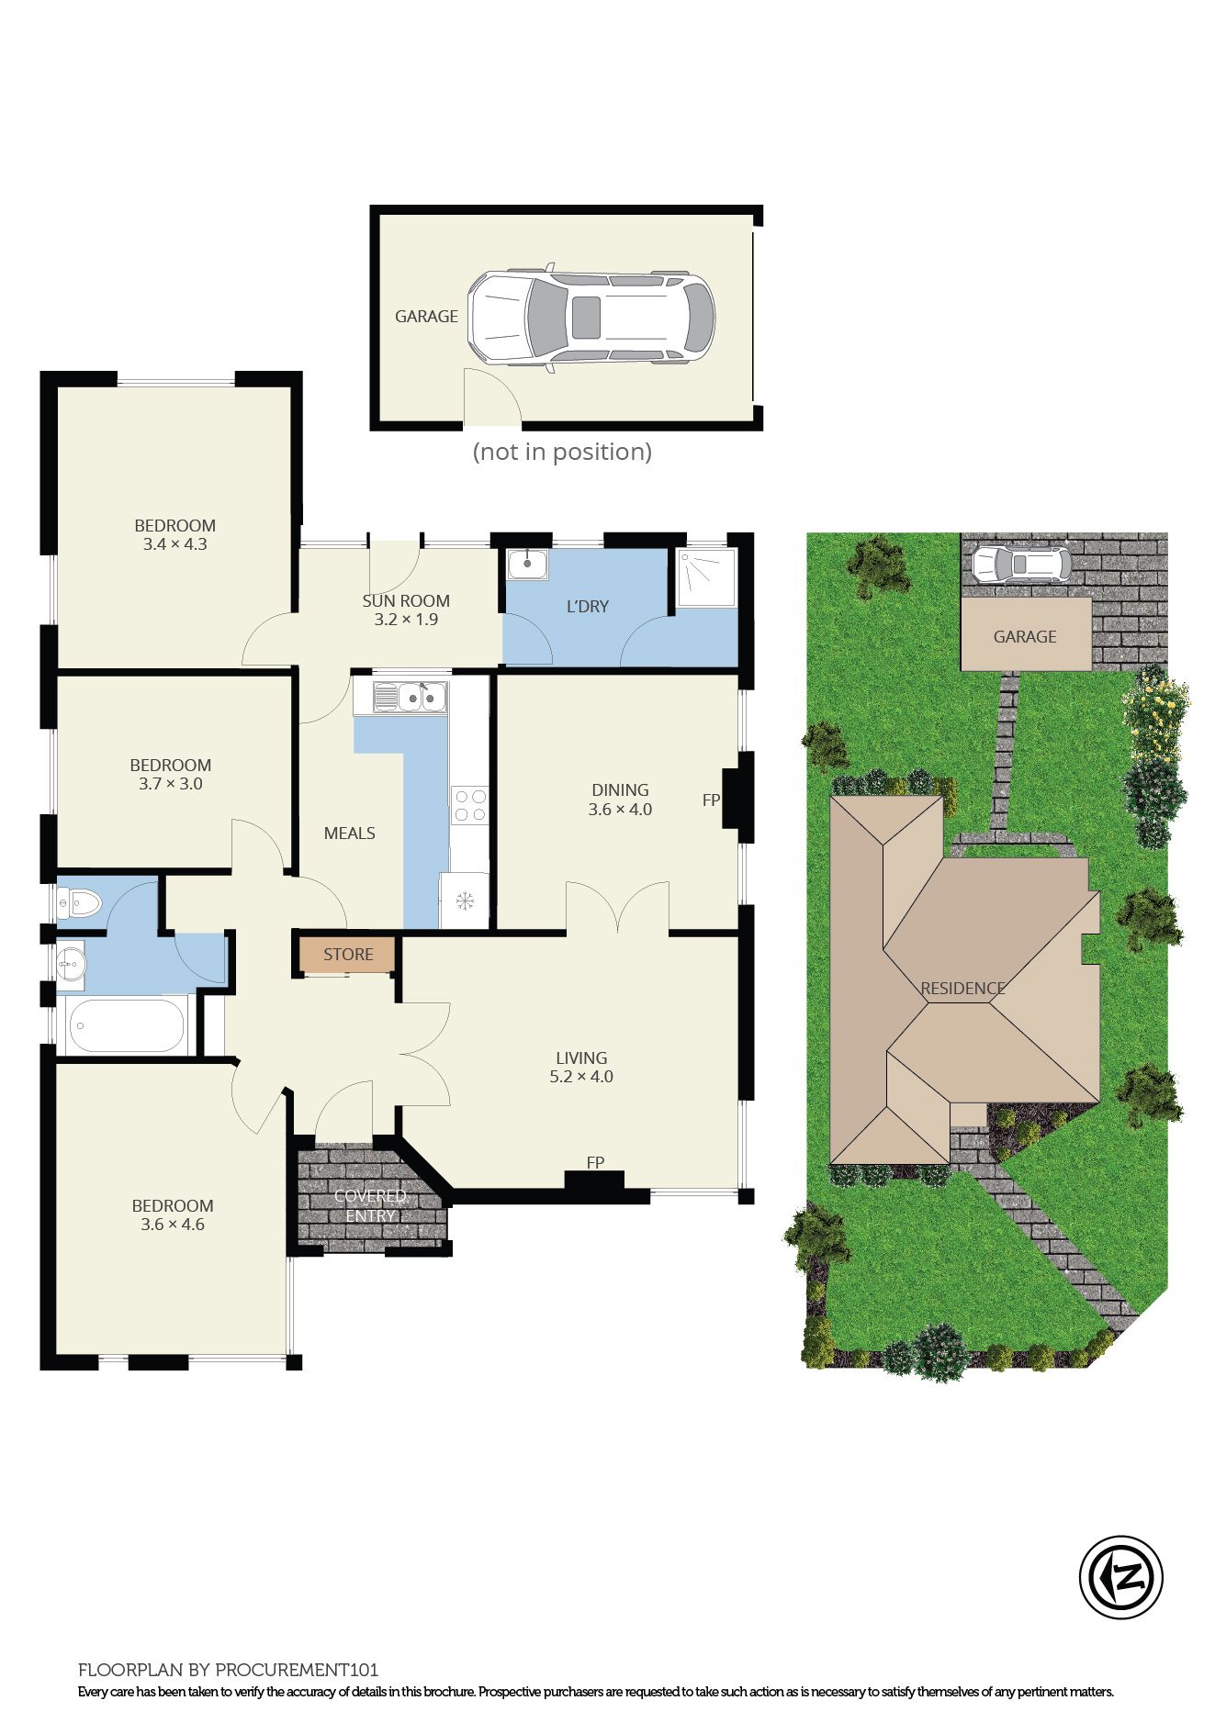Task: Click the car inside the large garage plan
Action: [x=591, y=318]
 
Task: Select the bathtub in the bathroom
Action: [x=126, y=1025]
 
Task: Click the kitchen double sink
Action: [x=411, y=698]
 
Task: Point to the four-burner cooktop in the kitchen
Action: [x=470, y=806]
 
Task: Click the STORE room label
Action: [x=348, y=955]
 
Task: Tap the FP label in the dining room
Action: [x=711, y=800]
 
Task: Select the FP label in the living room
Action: [x=595, y=1163]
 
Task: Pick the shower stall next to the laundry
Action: [x=706, y=577]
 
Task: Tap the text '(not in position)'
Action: [x=562, y=452]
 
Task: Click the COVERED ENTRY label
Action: [x=370, y=1206]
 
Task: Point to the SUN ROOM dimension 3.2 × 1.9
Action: [x=406, y=620]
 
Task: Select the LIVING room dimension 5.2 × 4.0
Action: [x=581, y=1077]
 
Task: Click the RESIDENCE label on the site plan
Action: [x=962, y=989]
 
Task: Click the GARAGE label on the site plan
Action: [x=1025, y=636]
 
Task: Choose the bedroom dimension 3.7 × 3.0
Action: [x=171, y=784]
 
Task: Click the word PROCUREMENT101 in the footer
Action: [x=297, y=1670]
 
